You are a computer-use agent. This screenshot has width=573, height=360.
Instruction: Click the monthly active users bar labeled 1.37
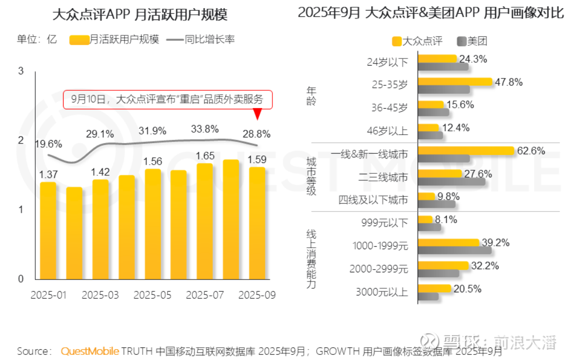(48, 231)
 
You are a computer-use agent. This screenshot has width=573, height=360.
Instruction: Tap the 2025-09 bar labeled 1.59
(256, 224)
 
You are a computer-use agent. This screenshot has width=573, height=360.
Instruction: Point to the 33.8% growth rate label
(204, 128)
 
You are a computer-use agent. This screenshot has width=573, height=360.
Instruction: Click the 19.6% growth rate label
(48, 144)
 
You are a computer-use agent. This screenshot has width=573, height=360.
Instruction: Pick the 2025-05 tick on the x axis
(152, 295)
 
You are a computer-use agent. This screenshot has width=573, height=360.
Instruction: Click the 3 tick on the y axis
(21, 71)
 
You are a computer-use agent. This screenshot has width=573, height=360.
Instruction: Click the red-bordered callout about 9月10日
(167, 99)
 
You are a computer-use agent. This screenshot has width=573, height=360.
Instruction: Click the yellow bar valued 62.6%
(466, 151)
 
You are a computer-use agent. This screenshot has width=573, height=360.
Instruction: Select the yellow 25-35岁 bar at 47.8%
(455, 82)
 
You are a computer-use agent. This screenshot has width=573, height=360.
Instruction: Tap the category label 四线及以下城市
(373, 200)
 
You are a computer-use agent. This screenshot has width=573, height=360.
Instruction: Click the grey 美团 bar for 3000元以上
(428, 296)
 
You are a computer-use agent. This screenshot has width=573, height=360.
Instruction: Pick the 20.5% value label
(467, 289)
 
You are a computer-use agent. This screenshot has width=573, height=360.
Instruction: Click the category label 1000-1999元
(380, 246)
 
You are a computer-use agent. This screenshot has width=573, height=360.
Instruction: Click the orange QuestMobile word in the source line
(90, 351)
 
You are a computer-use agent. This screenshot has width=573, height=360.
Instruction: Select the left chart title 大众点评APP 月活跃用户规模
(140, 14)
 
